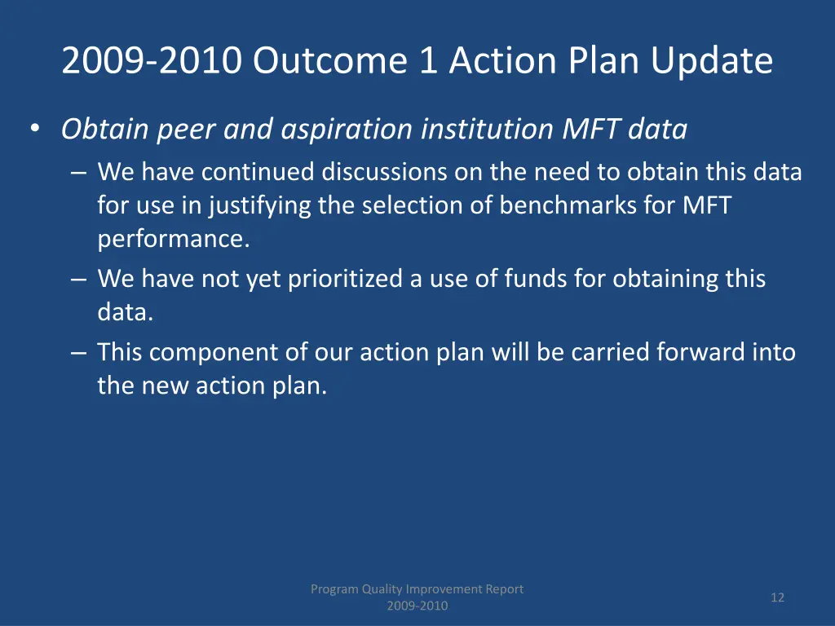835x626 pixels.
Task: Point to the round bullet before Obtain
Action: (35, 129)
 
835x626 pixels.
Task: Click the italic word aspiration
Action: (347, 130)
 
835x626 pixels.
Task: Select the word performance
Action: (174, 239)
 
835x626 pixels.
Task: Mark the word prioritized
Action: (345, 279)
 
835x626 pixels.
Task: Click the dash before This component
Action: (78, 353)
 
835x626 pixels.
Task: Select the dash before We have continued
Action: (78, 173)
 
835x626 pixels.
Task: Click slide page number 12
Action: (777, 597)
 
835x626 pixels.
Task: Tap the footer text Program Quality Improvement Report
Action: (417, 589)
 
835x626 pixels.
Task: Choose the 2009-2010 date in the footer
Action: (417, 606)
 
